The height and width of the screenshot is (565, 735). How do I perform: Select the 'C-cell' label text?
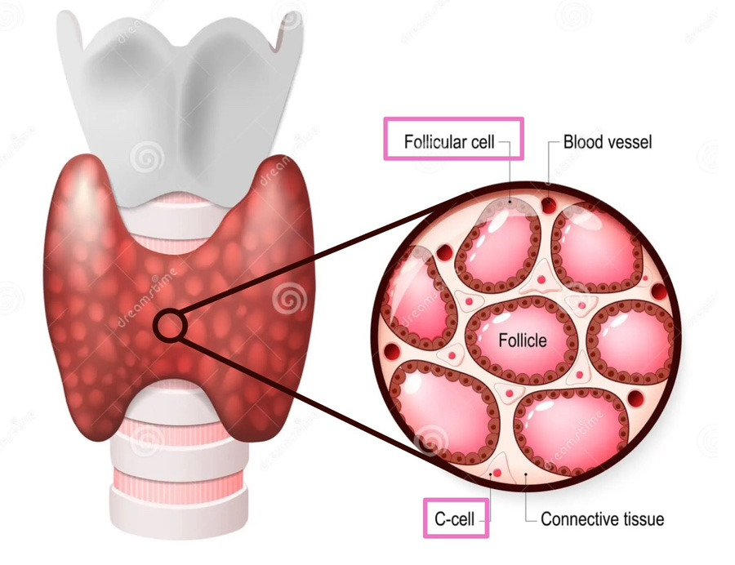456,518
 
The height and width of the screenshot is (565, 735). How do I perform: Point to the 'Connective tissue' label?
603,518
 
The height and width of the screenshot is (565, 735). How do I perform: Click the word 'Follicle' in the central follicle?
523,340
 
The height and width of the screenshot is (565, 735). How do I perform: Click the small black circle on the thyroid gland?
171,326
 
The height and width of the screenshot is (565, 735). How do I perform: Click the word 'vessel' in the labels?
630,143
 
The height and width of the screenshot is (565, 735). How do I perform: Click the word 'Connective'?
580,518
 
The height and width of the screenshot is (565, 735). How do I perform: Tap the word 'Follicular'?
435,143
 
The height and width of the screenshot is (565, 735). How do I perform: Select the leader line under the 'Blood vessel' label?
548,163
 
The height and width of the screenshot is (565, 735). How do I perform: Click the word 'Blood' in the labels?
583,143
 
